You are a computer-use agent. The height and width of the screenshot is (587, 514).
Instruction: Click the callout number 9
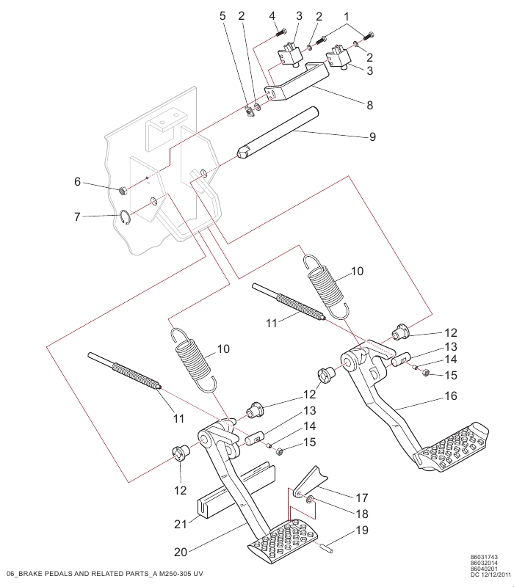372,136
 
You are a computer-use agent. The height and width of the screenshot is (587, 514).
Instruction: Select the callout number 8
370,105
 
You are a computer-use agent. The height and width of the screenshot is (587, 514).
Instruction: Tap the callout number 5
222,15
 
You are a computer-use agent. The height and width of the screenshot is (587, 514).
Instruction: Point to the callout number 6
77,181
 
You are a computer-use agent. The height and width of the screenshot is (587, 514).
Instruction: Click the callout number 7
77,216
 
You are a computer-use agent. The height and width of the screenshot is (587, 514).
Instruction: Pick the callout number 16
451,395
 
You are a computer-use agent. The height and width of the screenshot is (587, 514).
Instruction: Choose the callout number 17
362,497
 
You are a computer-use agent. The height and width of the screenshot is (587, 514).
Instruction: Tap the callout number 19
362,530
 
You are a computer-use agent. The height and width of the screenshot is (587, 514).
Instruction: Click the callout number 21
181,524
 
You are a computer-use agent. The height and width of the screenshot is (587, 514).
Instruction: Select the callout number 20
181,552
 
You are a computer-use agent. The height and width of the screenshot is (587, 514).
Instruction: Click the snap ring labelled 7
125,217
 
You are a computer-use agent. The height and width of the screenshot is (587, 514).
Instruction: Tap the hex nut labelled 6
123,191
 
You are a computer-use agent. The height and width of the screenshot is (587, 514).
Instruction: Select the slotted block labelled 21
236,492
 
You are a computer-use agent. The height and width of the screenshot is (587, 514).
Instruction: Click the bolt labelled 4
281,32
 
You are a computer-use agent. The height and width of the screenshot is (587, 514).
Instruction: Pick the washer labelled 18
310,500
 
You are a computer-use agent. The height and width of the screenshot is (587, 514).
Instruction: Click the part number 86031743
484,557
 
